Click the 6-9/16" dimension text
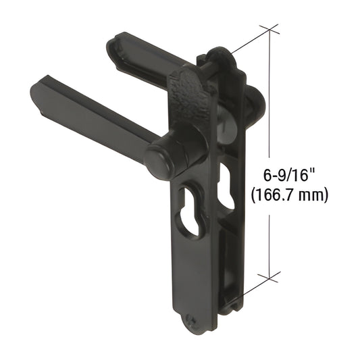pyautogui.click(x=288, y=177)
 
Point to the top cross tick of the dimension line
pyautogui.click(x=269, y=30)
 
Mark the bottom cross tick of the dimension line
pyautogui.click(x=269, y=276)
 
